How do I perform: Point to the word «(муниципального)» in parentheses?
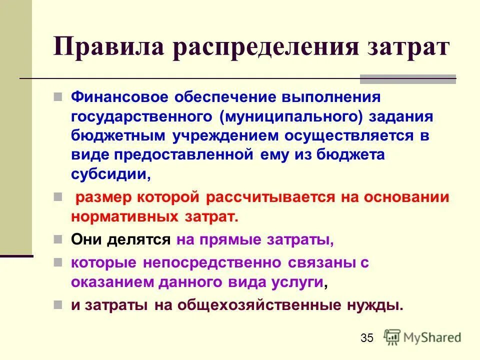tap(293, 115)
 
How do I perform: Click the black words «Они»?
tap(86, 239)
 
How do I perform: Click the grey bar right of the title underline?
tap(408, 79)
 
